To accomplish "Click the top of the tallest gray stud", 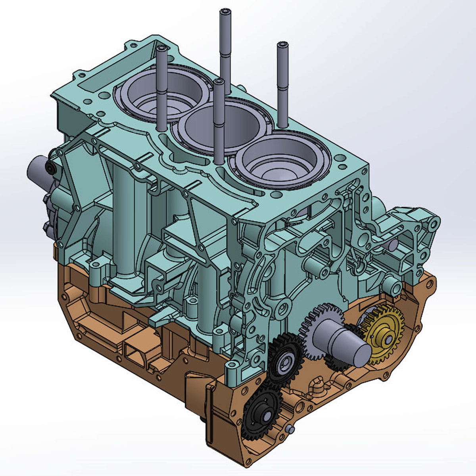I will tap(225, 12).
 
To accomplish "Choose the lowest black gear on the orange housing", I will tap(262, 415).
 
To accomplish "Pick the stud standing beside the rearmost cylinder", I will tap(161, 87).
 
